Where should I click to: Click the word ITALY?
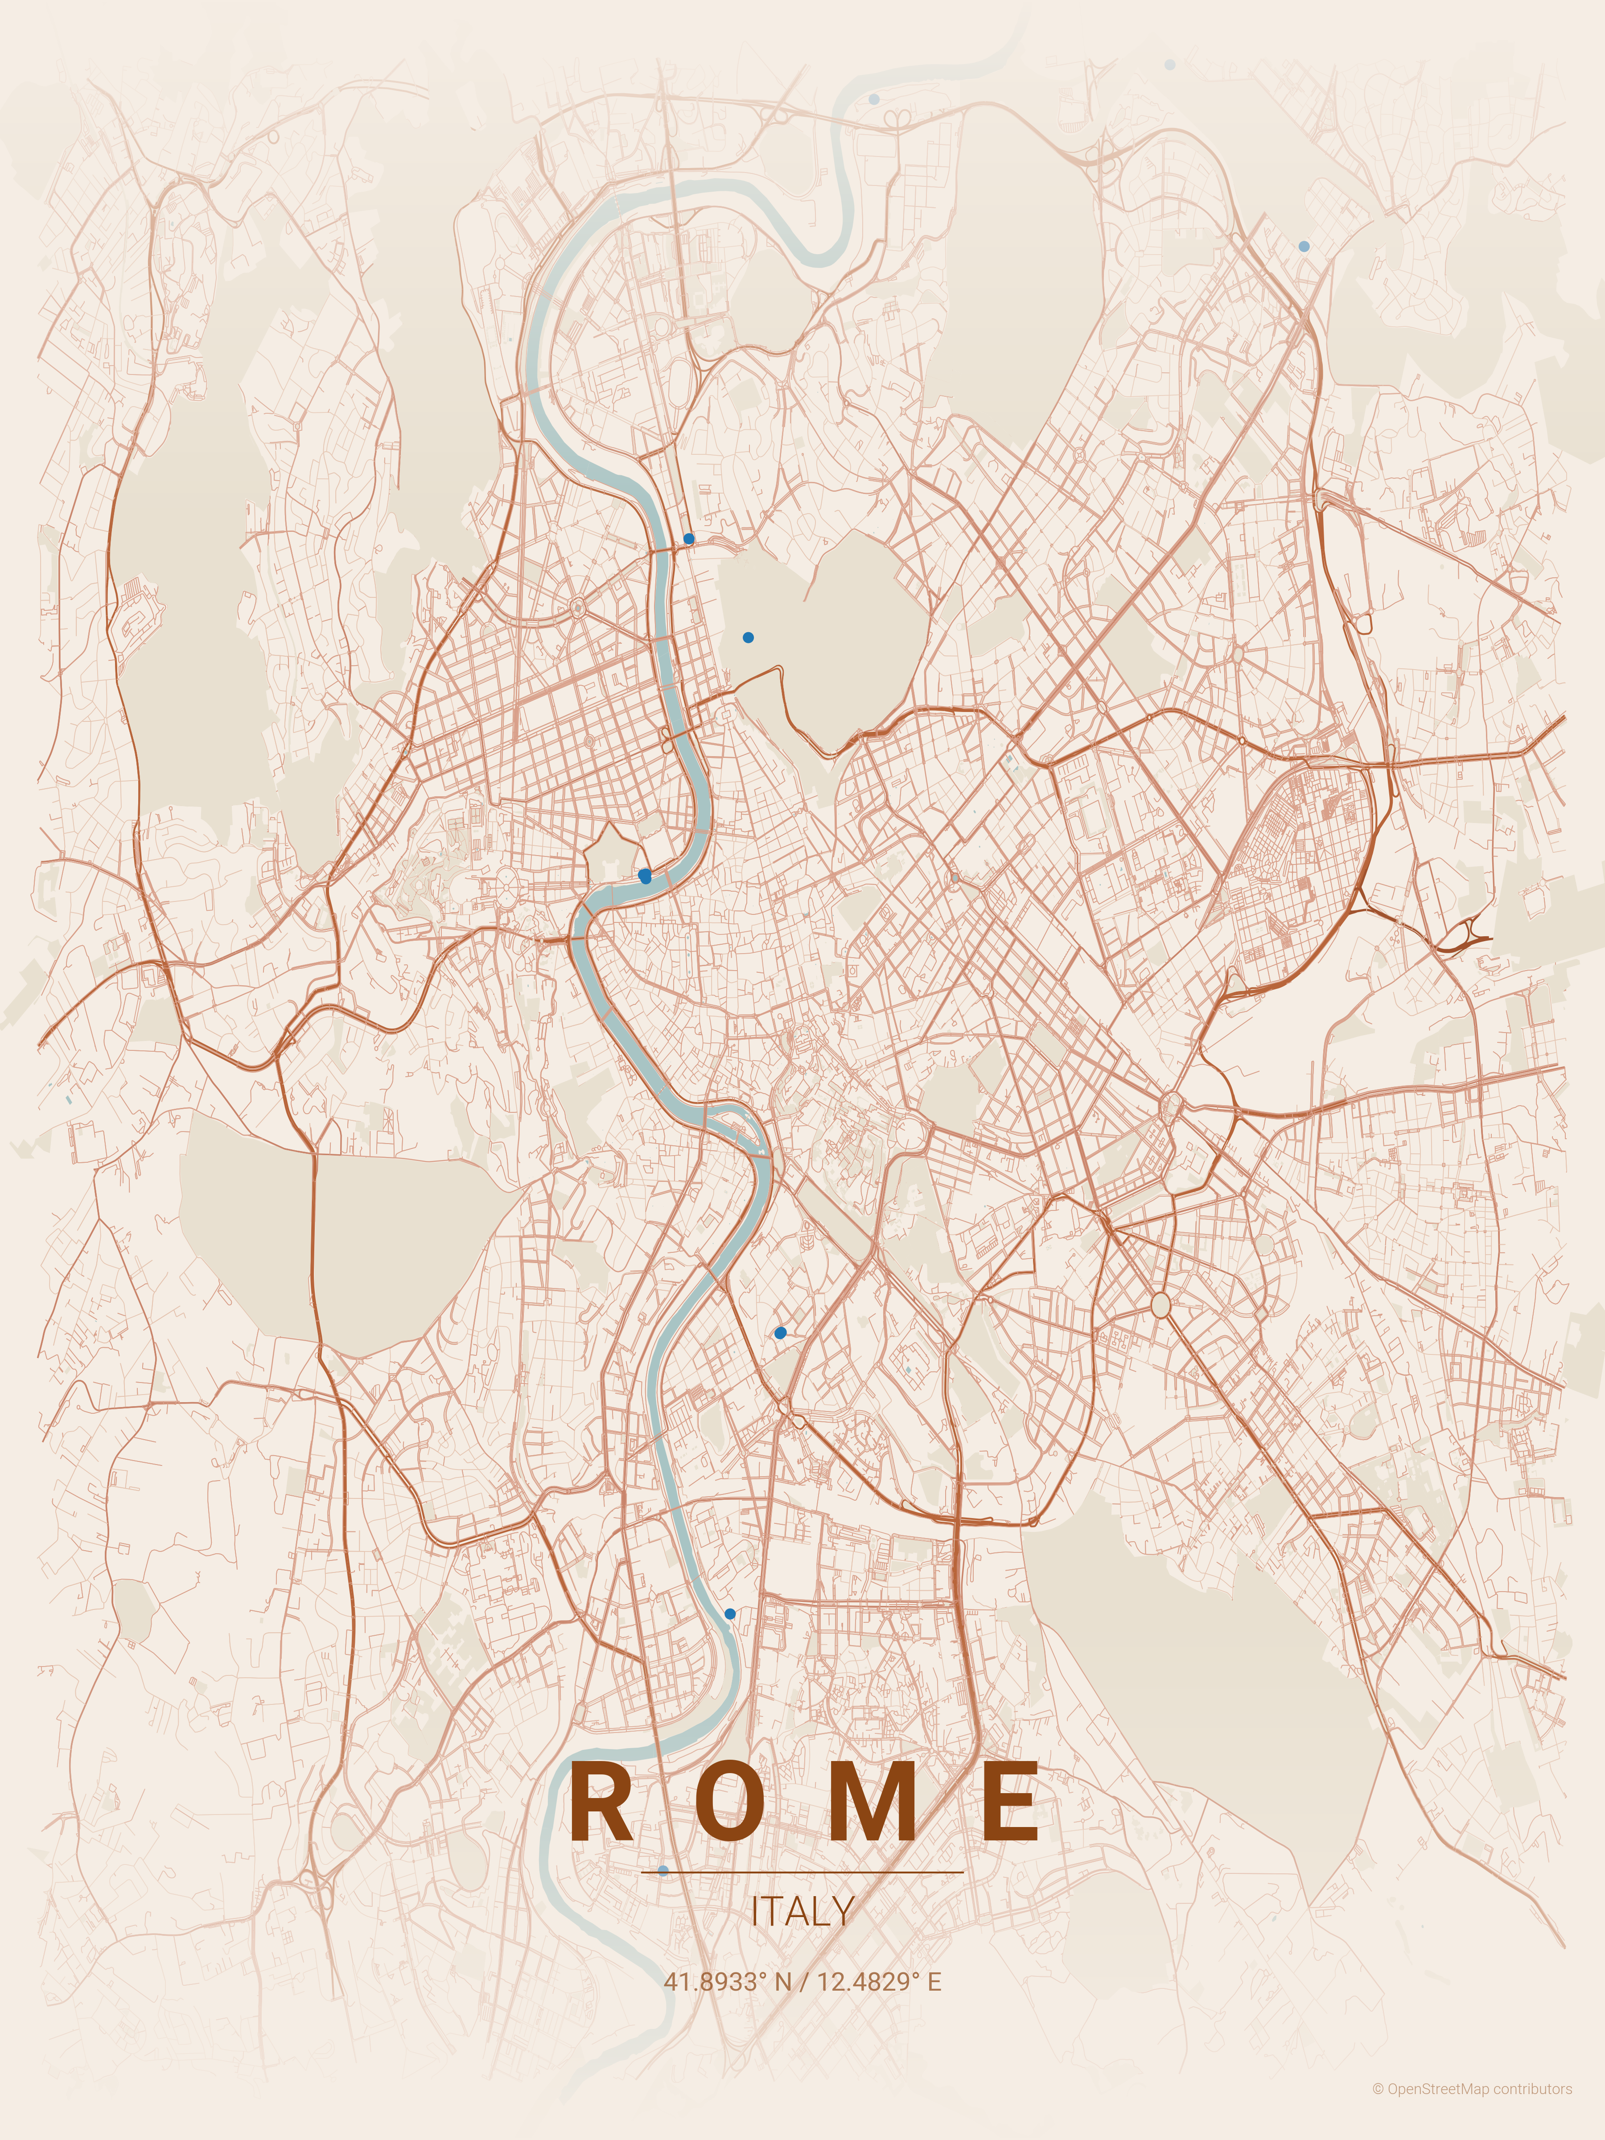pos(802,1911)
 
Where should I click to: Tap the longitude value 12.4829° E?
pos(878,1981)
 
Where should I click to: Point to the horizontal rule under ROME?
pos(802,1872)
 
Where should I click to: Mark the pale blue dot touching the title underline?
pos(663,1871)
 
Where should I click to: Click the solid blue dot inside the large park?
pos(748,638)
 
